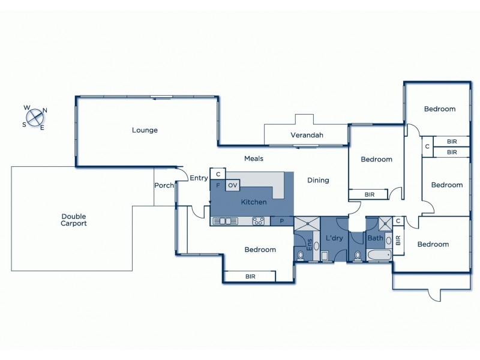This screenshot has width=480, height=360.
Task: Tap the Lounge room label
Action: pyautogui.click(x=145, y=130)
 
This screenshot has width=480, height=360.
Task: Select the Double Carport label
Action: pyautogui.click(x=73, y=220)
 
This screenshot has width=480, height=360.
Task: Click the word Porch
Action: pyautogui.click(x=164, y=185)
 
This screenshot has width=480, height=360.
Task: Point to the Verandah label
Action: pyautogui.click(x=307, y=135)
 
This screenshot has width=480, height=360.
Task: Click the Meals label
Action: pyautogui.click(x=254, y=159)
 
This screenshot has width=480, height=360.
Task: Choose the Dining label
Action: pyautogui.click(x=318, y=180)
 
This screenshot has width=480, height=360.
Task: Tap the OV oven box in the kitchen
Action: pyautogui.click(x=233, y=185)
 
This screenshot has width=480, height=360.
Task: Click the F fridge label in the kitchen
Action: pyautogui.click(x=218, y=185)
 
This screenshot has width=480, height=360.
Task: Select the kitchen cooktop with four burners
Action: pyautogui.click(x=259, y=221)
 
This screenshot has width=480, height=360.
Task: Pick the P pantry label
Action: pyautogui.click(x=281, y=221)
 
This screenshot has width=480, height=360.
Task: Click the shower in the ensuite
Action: pyautogui.click(x=307, y=224)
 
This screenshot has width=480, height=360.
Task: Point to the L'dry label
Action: pyautogui.click(x=334, y=239)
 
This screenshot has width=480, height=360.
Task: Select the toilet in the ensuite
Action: pyautogui.click(x=300, y=256)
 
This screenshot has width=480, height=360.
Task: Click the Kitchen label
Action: pyautogui.click(x=254, y=202)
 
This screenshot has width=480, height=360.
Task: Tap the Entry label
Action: pyautogui.click(x=199, y=178)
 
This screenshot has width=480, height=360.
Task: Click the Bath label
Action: pyautogui.click(x=375, y=238)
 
